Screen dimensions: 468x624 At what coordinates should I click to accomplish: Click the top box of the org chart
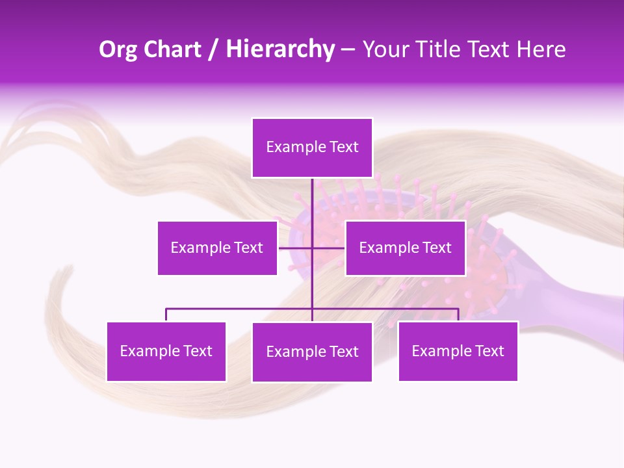(x=312, y=148)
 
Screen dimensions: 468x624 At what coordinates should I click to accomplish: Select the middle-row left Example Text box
(x=217, y=248)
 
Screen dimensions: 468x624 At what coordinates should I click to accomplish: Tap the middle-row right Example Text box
(x=405, y=248)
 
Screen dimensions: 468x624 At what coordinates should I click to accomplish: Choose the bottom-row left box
(x=166, y=352)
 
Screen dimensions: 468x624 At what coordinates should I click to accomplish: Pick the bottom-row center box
(x=312, y=352)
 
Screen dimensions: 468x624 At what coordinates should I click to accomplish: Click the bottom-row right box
(x=458, y=352)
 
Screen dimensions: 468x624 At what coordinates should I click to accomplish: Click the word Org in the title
(x=118, y=49)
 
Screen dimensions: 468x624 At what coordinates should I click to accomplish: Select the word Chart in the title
(x=172, y=49)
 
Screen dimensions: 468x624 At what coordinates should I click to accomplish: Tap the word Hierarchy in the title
(x=279, y=49)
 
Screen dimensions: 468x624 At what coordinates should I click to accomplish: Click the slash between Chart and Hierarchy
(x=214, y=49)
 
